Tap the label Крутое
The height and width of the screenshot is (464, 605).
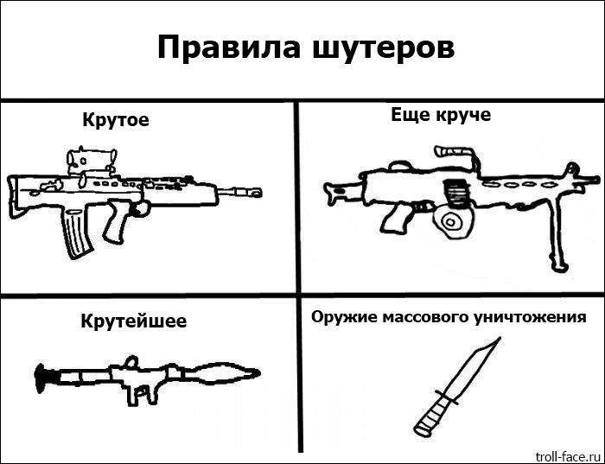coord(116,120)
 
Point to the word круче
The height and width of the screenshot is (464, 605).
coord(462,115)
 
